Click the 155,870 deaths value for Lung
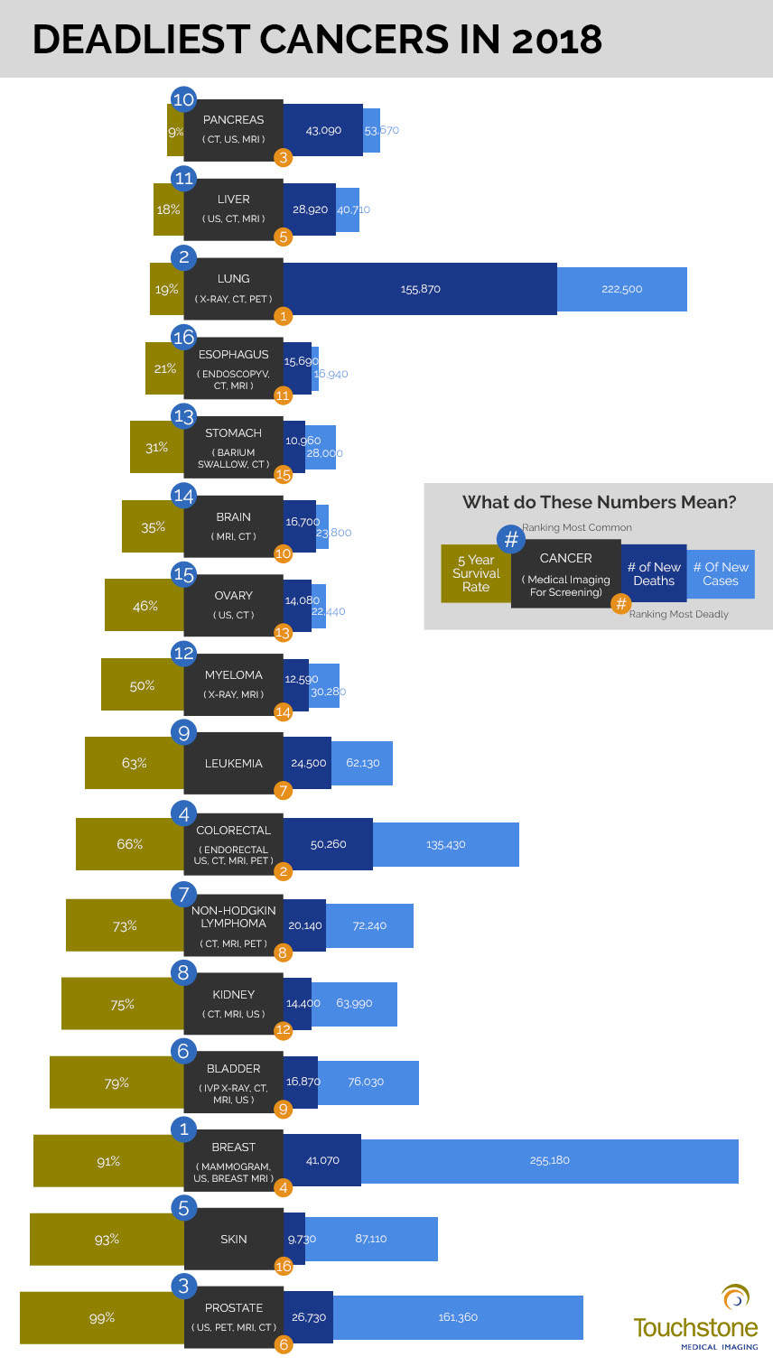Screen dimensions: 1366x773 click(420, 290)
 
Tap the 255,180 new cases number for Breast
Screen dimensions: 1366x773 click(549, 1160)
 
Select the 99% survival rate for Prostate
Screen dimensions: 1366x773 click(102, 1317)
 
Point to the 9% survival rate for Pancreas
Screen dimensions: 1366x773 click(175, 131)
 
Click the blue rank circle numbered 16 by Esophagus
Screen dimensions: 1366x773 click(184, 337)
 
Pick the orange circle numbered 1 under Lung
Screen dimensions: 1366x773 click(284, 316)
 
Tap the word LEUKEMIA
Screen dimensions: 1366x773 click(233, 763)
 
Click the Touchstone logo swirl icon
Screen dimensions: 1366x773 click(736, 1298)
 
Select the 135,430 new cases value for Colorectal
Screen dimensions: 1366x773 click(445, 844)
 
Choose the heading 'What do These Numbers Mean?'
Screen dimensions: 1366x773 click(599, 502)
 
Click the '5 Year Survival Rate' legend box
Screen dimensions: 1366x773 click(476, 573)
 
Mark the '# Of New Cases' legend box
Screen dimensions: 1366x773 click(721, 573)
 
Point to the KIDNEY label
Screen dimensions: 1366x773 click(233, 994)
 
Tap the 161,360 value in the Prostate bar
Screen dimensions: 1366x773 click(458, 1317)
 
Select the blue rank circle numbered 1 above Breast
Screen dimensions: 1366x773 click(184, 1128)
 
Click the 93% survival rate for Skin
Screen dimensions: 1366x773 click(107, 1239)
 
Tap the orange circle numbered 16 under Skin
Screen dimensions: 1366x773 click(284, 1267)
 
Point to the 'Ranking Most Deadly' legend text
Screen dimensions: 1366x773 click(678, 614)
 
